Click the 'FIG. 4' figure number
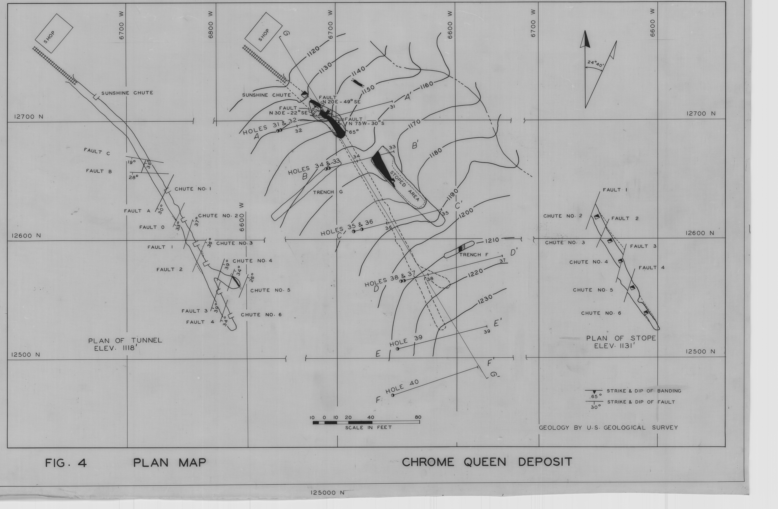coord(66,463)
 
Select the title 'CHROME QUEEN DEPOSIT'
coord(487,462)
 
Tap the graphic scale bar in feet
coord(366,422)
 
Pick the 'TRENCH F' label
coord(474,254)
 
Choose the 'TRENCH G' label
coord(328,192)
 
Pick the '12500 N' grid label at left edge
coord(26,355)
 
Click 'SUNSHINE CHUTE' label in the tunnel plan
coord(127,93)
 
